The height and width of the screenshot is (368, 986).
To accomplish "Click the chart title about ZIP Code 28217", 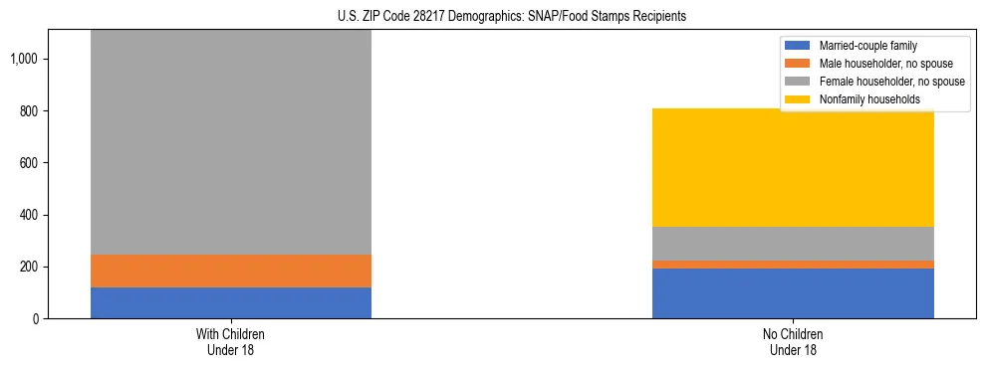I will tap(493, 17).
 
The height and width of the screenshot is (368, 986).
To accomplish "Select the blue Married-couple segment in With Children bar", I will tap(231, 302).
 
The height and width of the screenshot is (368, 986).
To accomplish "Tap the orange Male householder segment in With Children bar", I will tap(231, 271).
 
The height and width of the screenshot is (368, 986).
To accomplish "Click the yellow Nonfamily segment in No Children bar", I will tap(793, 167).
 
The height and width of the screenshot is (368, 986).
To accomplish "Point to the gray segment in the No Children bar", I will tap(793, 244).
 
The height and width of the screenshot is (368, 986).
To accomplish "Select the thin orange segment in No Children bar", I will tap(793, 265).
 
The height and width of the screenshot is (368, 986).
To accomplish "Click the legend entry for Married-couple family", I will tap(865, 46).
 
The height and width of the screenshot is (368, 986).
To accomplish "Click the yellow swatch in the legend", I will tap(799, 99).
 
